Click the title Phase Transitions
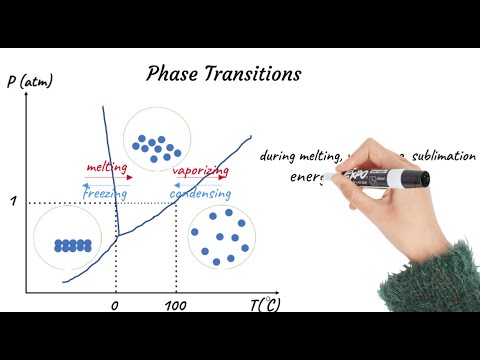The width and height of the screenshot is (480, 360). tap(223, 74)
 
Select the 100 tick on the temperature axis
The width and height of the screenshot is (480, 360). tap(175, 304)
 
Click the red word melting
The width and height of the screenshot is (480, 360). tap(106, 169)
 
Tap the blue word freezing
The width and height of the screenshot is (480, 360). tap(106, 193)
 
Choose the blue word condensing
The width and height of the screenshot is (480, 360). tap(200, 193)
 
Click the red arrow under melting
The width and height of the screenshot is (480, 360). tap(107, 178)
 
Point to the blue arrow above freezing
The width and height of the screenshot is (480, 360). tap(105, 184)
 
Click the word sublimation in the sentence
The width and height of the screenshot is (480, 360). tap(444, 156)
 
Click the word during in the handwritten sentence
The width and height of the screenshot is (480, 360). tap(279, 156)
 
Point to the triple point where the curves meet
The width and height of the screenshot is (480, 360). tap(118, 238)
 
